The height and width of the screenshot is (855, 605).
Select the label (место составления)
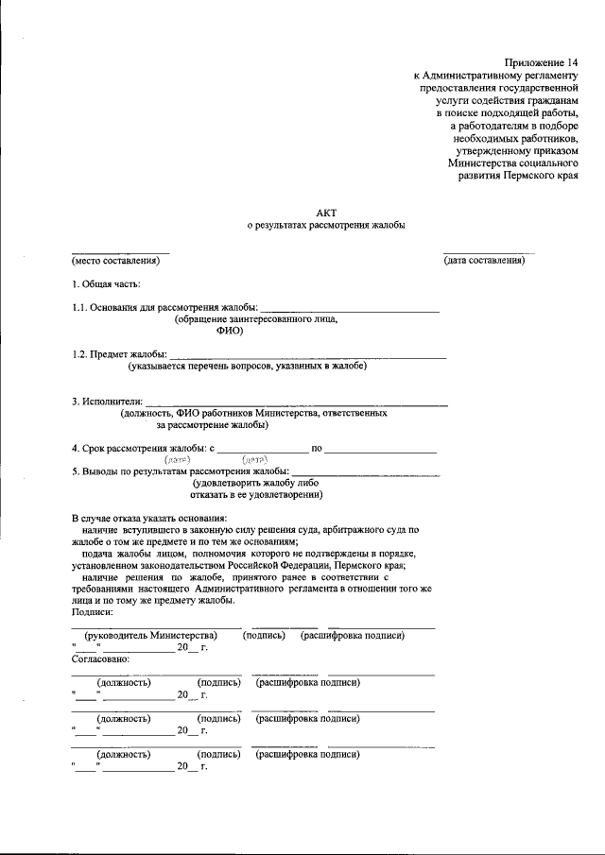pyautogui.click(x=116, y=261)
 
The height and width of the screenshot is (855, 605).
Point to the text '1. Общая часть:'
pyautogui.click(x=107, y=283)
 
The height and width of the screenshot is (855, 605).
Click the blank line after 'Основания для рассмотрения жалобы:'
pyautogui.click(x=349, y=308)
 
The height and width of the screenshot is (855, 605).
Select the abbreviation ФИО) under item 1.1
pyautogui.click(x=230, y=332)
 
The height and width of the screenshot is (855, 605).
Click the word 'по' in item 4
pyautogui.click(x=318, y=448)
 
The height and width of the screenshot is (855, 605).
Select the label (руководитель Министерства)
pyautogui.click(x=151, y=636)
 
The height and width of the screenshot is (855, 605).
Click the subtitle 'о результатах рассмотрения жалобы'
pyautogui.click(x=326, y=227)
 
